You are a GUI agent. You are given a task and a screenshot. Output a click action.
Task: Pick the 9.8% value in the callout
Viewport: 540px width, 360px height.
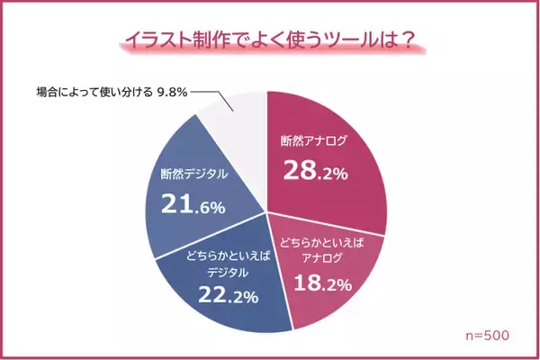pos(172,91)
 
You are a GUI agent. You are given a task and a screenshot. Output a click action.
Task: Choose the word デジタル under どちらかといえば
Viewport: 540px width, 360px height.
pos(222,268)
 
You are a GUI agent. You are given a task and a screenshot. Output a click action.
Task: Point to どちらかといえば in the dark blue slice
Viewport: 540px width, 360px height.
pos(222,253)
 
